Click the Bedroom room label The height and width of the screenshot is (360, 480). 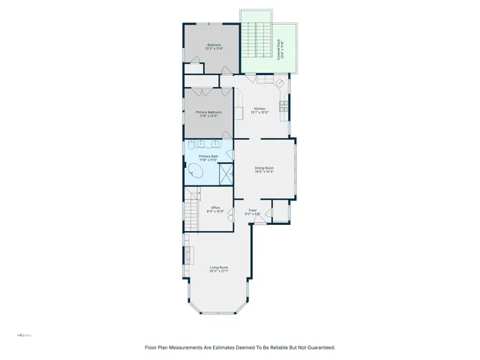click(214, 46)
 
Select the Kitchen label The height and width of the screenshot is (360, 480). click(260, 110)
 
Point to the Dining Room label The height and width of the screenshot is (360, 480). click(263, 169)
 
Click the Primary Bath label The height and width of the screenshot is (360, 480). click(208, 157)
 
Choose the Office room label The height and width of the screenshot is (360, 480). click(215, 209)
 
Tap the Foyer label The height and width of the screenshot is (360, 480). click(253, 213)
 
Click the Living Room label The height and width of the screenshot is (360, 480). click(218, 269)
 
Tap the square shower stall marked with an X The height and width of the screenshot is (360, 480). click(224, 174)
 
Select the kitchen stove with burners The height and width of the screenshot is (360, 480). click(283, 106)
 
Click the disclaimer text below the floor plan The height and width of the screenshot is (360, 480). click(239, 347)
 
